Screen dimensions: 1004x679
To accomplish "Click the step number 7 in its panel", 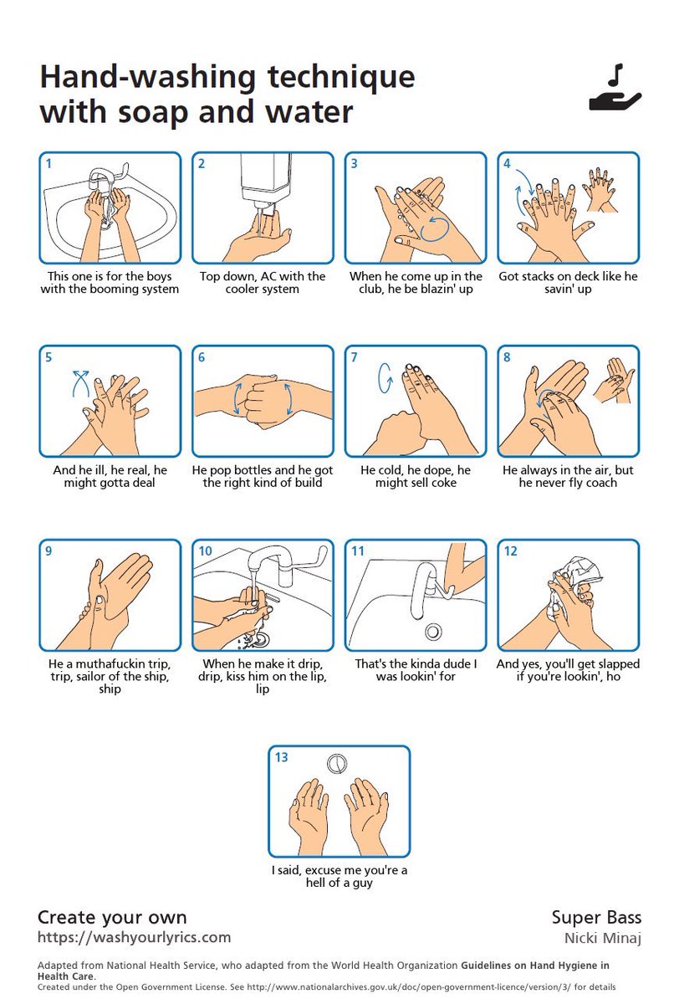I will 355,357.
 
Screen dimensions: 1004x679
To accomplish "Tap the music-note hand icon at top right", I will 615,90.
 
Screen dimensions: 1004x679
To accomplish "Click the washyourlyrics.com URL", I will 134,937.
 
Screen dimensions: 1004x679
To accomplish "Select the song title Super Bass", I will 595,918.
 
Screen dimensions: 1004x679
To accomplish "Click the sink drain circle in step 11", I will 432,631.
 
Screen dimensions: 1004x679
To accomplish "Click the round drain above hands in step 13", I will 338,763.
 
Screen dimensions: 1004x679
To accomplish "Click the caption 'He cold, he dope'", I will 416,470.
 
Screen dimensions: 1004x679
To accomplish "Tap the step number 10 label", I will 205,551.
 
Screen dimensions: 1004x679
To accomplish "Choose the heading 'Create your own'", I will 112,917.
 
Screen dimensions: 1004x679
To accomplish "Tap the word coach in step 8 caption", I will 600,483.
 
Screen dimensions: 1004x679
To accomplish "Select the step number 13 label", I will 281,757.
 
